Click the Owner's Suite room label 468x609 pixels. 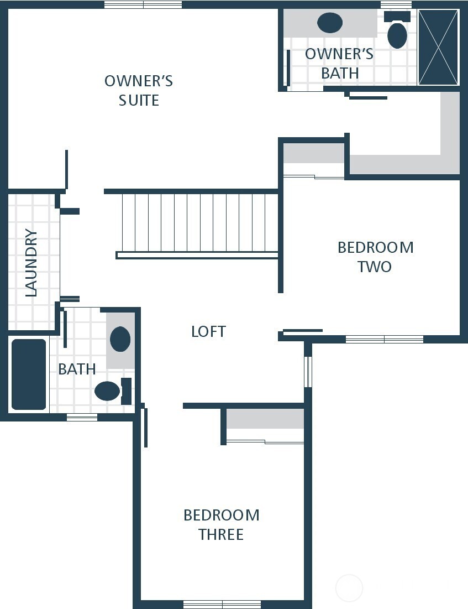[139, 90]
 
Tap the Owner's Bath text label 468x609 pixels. [339, 63]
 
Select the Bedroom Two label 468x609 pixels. [375, 257]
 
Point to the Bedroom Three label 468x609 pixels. [222, 524]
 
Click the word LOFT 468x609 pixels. [208, 331]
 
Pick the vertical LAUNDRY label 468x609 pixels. [31, 263]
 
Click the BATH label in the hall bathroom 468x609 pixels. [77, 369]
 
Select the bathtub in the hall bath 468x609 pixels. [29, 374]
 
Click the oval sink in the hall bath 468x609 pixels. [120, 339]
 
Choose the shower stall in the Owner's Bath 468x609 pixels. [438, 47]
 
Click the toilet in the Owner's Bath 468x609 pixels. [397, 33]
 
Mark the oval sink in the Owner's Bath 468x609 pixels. [330, 23]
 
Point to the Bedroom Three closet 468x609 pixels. [265, 419]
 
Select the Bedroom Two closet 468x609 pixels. [314, 154]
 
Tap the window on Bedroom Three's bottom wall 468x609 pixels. [222, 604]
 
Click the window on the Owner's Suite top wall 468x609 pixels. [143, 4]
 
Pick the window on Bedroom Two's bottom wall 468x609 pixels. [385, 339]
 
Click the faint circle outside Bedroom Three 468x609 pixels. [349, 588]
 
